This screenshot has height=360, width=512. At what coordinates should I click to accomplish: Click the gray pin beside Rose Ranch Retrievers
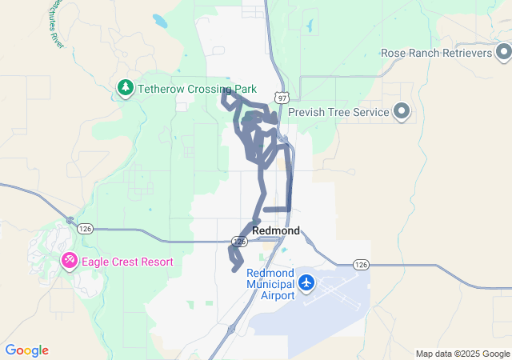[x=503, y=53]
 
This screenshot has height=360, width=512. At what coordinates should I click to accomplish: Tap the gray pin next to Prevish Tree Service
[x=402, y=112]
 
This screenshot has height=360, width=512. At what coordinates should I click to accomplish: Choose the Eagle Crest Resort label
[x=127, y=261]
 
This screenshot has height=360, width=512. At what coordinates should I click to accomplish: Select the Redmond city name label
[x=276, y=230]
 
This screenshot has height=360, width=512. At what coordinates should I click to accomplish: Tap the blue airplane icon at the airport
[x=306, y=283]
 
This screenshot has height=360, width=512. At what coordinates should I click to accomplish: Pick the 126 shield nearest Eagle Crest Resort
[x=82, y=228]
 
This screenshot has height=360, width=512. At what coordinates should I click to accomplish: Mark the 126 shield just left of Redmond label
[x=239, y=241]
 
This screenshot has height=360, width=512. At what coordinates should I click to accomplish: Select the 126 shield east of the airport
[x=360, y=264]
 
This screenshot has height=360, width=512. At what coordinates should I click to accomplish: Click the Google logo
[x=26, y=350]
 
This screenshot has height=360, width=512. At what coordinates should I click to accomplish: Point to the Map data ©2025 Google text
[x=462, y=354]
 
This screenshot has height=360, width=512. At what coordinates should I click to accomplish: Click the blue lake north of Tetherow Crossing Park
[x=160, y=19]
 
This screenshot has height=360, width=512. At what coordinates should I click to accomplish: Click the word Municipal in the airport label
[x=271, y=284]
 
